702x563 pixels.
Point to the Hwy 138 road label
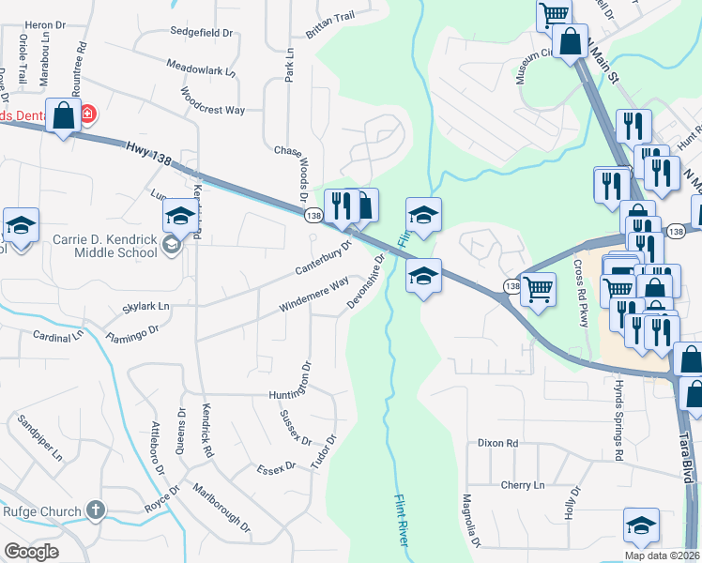click(x=148, y=154)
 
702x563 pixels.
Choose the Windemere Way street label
click(x=313, y=295)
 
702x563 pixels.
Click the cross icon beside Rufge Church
click(x=95, y=510)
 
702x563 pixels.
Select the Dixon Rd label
click(x=497, y=443)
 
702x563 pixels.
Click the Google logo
click(x=31, y=551)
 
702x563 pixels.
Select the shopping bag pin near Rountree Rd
click(x=63, y=116)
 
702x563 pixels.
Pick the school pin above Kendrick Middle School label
click(x=179, y=217)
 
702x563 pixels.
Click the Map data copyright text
click(x=662, y=555)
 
